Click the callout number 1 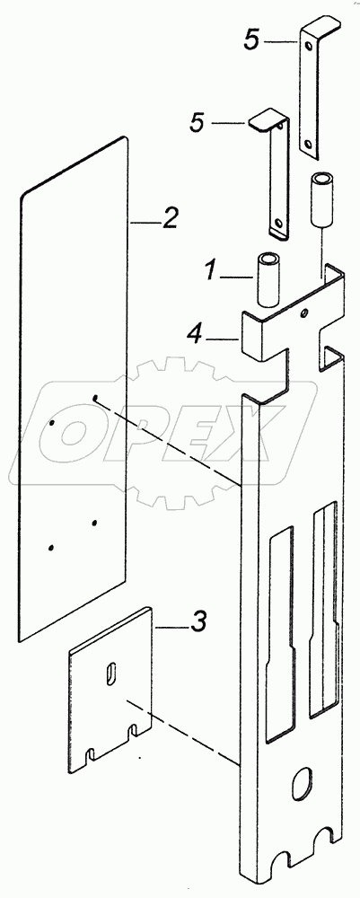tap(213, 269)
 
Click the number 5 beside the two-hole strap tap(251, 41)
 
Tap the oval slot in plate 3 tap(110, 672)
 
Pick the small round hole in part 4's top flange tap(304, 313)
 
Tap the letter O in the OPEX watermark tap(76, 434)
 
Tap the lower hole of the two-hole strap tap(310, 144)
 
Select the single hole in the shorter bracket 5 tap(279, 220)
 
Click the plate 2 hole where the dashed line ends tap(95, 398)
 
